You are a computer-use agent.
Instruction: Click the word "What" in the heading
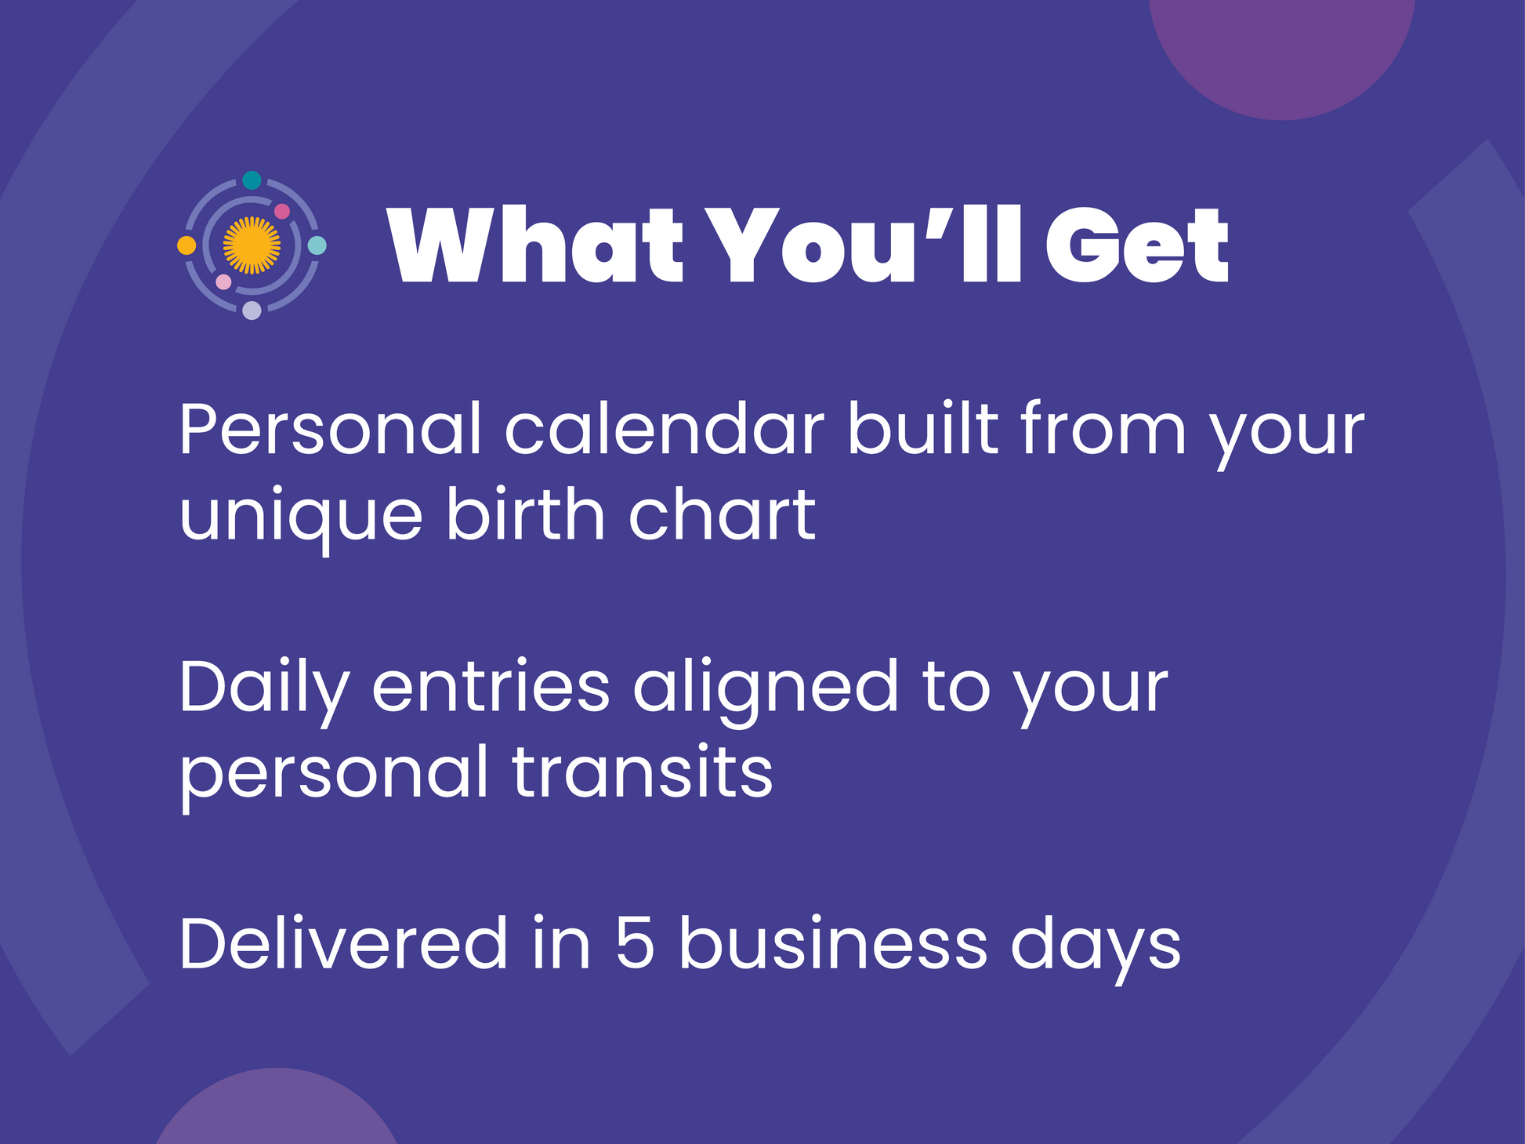pos(537,245)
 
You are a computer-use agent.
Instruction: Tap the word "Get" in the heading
pos(1138,245)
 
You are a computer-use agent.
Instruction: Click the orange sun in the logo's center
pos(252,245)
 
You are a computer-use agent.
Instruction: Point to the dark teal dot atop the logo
pos(252,180)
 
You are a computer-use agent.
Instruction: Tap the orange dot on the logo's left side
pos(187,245)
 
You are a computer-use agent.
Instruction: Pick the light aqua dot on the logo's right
pos(317,245)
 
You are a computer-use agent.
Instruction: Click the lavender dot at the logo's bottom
pos(252,311)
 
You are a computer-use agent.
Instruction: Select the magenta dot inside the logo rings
pos(282,212)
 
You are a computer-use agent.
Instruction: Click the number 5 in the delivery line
pos(634,943)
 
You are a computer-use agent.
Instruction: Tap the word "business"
pos(833,942)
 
